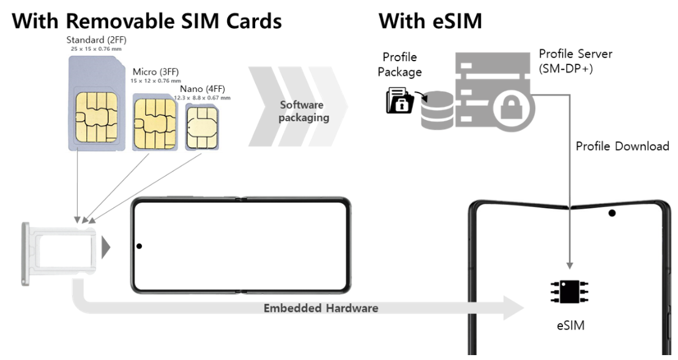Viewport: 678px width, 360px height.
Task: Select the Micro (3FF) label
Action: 157,73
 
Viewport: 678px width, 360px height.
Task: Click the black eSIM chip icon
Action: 569,292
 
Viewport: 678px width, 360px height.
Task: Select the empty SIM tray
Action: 59,252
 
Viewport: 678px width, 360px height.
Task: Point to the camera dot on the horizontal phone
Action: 140,247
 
